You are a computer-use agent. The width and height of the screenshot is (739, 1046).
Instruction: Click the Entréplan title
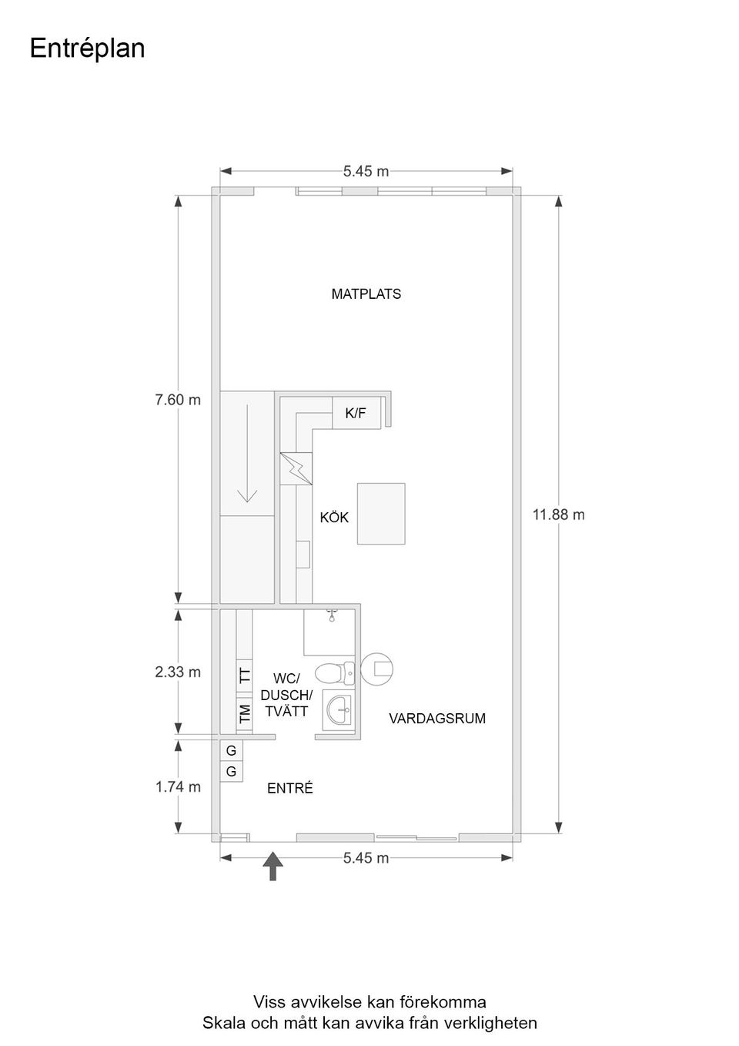(87, 49)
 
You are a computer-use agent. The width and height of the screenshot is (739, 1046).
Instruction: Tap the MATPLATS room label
(366, 293)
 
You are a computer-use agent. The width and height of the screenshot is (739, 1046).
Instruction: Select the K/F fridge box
(356, 413)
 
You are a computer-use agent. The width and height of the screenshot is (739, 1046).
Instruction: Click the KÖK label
(334, 518)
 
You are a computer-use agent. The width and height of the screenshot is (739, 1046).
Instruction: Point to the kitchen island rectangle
(381, 514)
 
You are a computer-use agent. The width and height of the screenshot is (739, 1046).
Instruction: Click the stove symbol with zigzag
(296, 468)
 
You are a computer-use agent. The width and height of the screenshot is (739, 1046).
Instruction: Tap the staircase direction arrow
(247, 454)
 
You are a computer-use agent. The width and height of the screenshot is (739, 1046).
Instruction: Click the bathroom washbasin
(339, 710)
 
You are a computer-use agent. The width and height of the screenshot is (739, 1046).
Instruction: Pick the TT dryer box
(245, 676)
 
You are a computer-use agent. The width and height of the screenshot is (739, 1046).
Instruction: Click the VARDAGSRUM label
(437, 718)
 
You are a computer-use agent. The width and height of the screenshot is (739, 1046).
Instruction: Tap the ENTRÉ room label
(289, 788)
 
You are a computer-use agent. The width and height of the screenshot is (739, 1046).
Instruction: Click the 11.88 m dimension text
(558, 515)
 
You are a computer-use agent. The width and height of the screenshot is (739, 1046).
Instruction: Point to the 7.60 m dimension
(178, 400)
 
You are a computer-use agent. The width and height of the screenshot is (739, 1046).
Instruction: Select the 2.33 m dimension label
(178, 672)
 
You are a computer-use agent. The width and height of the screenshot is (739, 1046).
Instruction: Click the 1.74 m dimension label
(178, 787)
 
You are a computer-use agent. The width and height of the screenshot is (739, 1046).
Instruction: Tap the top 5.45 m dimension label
(366, 171)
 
